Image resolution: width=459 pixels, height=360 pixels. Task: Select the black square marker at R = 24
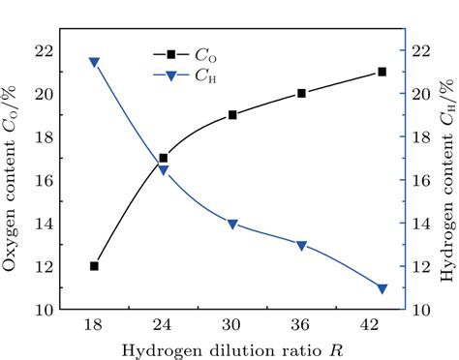point(164,158)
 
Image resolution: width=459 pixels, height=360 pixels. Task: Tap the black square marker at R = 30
point(232,115)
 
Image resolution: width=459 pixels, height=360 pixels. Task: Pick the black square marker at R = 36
point(302,94)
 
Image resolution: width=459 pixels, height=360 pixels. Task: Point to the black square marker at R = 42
point(382,72)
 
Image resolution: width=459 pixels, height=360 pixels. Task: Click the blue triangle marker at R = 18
point(94,62)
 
